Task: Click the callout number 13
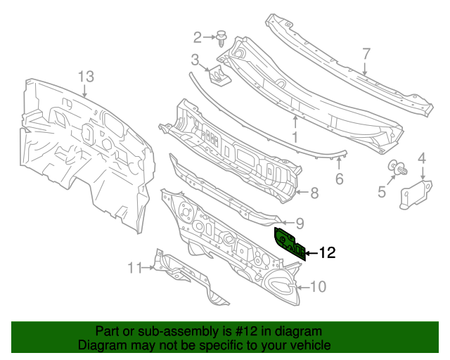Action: [x=85, y=76]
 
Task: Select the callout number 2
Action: [x=198, y=37]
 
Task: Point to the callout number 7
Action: [x=366, y=53]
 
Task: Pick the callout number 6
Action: [x=339, y=179]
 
